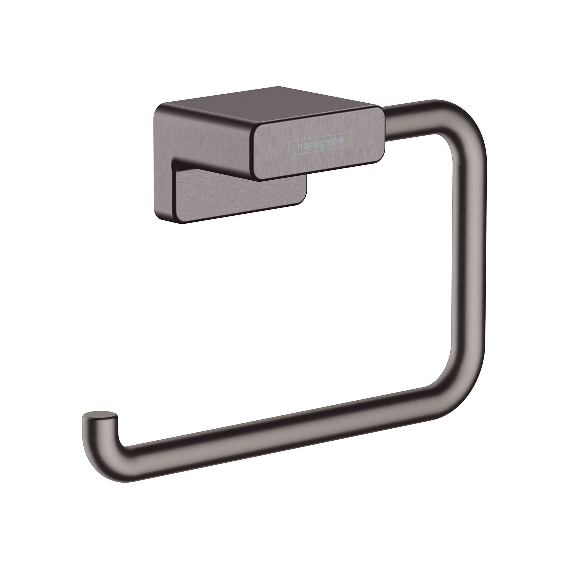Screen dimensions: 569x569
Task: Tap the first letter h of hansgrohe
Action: [x=300, y=146]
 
